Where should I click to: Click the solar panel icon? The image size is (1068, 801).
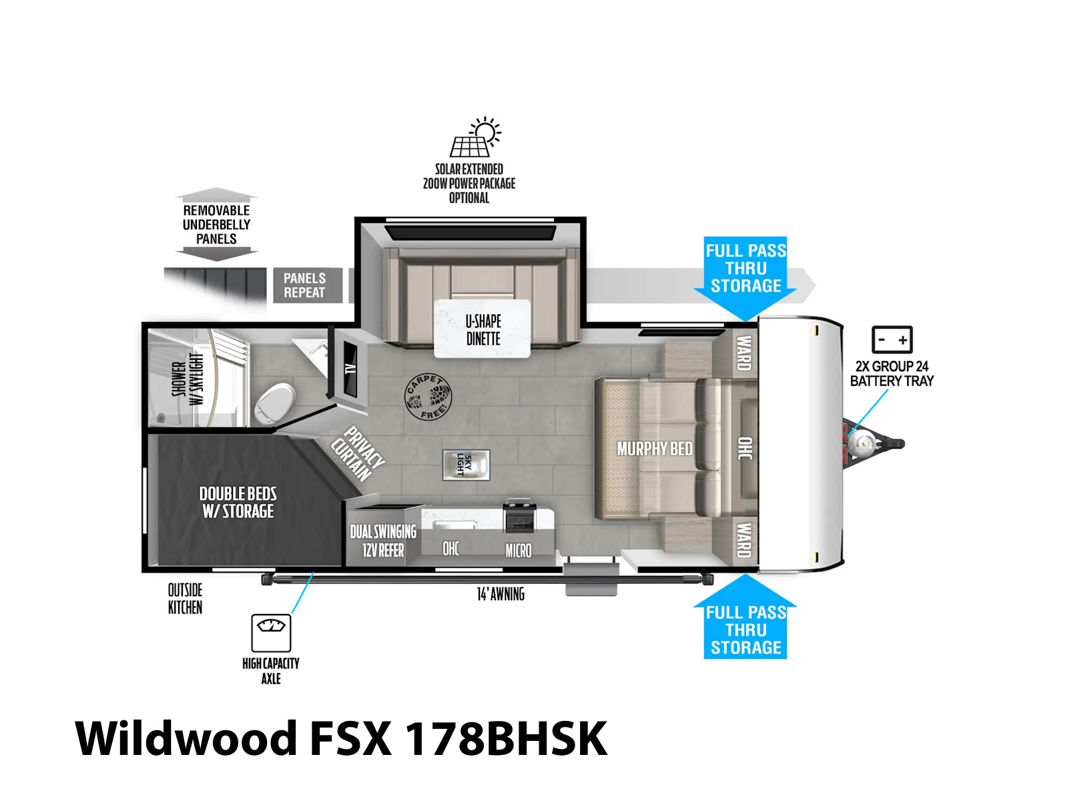point(475,137)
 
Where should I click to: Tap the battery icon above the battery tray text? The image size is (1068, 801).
point(891,339)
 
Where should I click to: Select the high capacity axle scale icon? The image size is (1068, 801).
point(271,632)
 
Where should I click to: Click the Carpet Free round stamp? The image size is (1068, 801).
point(428,396)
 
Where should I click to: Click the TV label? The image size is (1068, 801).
point(350,369)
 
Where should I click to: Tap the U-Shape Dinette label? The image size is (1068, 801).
point(483,330)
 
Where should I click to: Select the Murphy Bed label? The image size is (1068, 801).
point(654,449)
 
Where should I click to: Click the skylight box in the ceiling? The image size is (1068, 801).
point(466,465)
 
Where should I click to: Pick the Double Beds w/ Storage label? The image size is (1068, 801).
point(238,503)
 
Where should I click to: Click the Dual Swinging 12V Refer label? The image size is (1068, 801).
point(383,541)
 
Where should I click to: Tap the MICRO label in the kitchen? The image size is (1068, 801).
point(518,551)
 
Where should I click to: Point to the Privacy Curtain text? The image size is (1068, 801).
point(358,453)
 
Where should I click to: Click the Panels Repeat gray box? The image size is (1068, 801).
point(308,285)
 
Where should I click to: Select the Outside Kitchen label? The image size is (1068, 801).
point(185,599)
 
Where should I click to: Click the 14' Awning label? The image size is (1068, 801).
point(501,594)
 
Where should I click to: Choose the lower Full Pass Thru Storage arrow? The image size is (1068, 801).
point(746,616)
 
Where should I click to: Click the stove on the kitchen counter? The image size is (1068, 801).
point(519,515)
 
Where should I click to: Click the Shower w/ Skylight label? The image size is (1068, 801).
point(188,378)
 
